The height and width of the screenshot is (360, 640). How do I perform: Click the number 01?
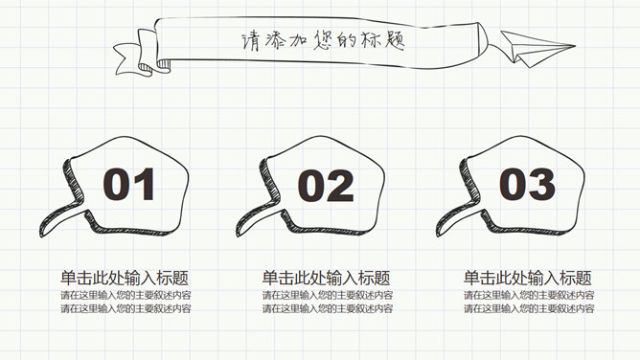tap(128, 184)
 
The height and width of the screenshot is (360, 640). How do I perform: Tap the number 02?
tap(326, 186)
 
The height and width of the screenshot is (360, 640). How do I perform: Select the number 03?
tap(527, 184)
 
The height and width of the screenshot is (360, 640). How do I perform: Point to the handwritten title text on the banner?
tap(323, 41)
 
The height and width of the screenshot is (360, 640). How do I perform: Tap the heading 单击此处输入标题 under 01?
tap(125, 278)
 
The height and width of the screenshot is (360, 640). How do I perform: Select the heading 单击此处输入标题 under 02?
tap(326, 278)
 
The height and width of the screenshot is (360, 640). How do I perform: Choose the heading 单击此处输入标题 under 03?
tap(527, 278)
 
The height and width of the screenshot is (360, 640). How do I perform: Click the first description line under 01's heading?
tap(126, 295)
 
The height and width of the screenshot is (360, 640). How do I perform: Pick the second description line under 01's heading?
tap(126, 308)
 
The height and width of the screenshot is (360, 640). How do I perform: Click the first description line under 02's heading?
tap(328, 295)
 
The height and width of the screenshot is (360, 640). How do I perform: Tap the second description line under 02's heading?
tap(328, 308)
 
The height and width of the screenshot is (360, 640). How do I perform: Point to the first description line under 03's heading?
tap(529, 295)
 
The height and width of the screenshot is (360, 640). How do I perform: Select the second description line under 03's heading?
tap(529, 308)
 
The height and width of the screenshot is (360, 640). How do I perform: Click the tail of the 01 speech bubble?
tap(59, 219)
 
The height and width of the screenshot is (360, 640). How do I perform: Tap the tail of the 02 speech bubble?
tap(256, 219)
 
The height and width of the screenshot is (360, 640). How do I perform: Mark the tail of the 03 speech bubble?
tap(456, 219)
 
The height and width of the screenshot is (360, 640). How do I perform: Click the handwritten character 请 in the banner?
tap(250, 42)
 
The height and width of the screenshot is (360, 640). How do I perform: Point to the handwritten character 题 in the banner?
tap(394, 40)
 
